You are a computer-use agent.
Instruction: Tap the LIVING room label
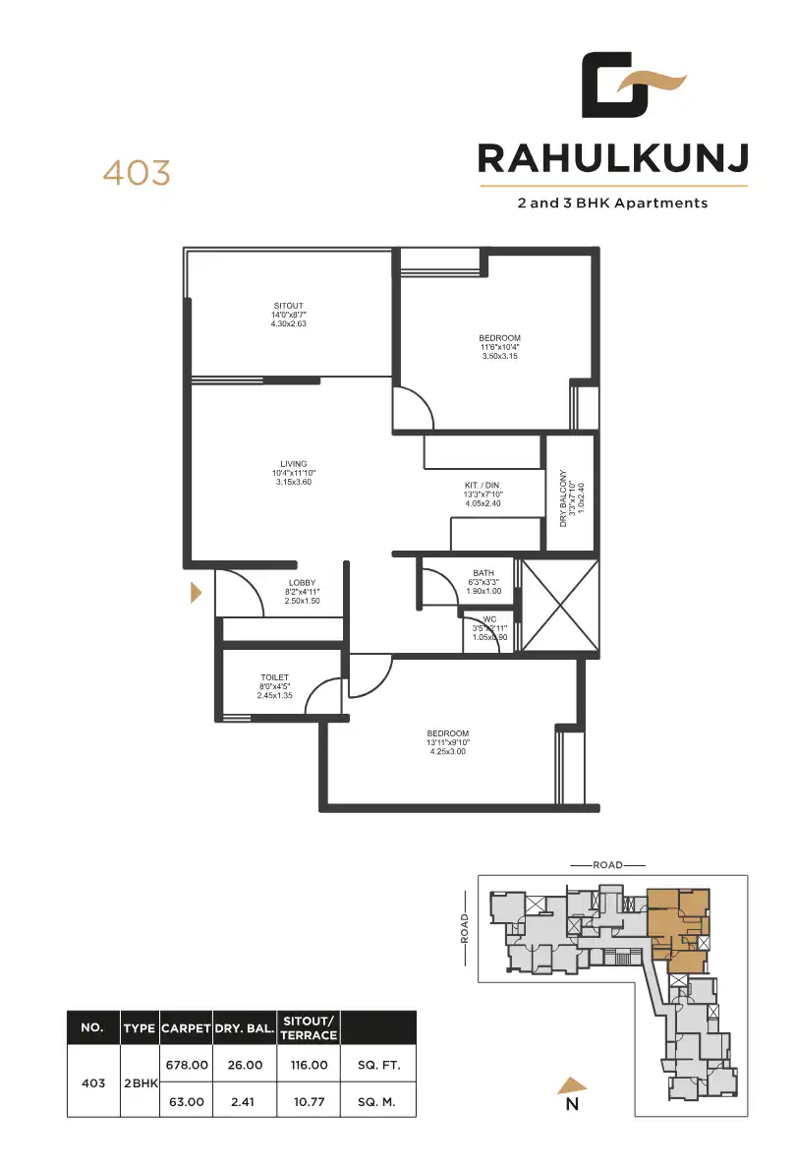point(293,464)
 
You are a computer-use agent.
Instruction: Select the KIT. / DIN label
point(483,486)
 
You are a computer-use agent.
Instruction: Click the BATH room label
point(483,573)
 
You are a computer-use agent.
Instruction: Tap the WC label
point(489,619)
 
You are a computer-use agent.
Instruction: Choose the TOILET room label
point(274,677)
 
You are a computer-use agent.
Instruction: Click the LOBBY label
point(302,583)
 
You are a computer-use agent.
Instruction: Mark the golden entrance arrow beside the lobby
point(196,593)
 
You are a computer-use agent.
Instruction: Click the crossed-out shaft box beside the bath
point(559,606)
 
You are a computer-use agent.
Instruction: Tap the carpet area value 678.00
point(187,1065)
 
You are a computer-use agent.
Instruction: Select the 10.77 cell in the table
point(309,1102)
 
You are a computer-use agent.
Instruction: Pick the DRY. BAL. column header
point(245,1028)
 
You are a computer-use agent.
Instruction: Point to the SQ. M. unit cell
point(377,1102)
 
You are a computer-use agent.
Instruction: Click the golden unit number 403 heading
point(137,173)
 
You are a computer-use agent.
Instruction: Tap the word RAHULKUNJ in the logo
point(613,157)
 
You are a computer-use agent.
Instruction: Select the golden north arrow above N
point(573,1084)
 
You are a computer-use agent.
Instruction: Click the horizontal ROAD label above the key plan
point(607,865)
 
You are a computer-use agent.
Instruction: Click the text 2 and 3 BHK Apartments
point(613,204)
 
